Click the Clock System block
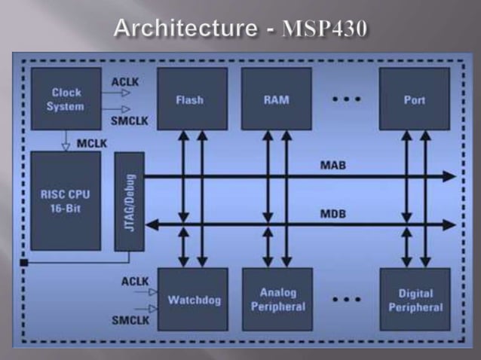(x=66, y=99)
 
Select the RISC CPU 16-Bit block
(x=66, y=200)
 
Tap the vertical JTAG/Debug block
(x=128, y=201)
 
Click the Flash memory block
(x=191, y=99)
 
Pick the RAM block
(x=276, y=99)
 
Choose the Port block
(x=414, y=99)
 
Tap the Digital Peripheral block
(x=414, y=300)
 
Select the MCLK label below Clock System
(x=90, y=145)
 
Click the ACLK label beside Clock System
(x=124, y=81)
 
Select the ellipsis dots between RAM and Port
(x=346, y=99)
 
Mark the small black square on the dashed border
(x=24, y=263)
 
